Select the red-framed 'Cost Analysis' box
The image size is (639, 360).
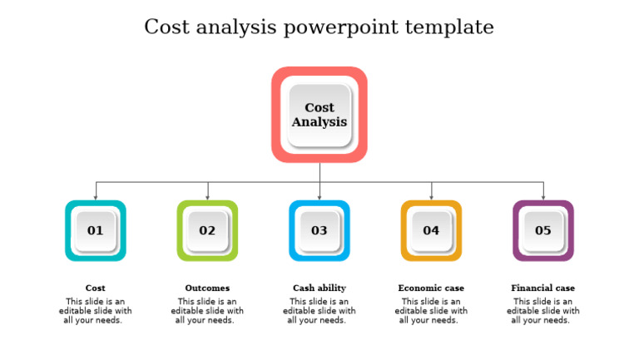coord(319,115)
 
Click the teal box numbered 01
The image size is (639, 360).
coord(96,230)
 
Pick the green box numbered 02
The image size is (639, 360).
coord(207,230)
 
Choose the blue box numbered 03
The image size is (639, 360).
coord(319,230)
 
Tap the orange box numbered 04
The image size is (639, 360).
coord(431,230)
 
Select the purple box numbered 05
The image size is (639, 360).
coord(543,230)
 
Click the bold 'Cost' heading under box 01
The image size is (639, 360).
coord(96,288)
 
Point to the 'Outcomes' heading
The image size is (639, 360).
coord(207,288)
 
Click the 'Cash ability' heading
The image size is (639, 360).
coord(319,288)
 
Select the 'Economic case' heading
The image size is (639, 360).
coord(431,288)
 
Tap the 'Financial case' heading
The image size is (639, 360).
coord(543,288)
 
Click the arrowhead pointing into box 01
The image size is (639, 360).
coord(96,197)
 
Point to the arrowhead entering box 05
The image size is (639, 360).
coord(543,197)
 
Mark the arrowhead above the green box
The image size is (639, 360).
coord(207,197)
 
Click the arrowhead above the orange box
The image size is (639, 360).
coord(431,197)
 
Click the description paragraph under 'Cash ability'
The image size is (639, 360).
coord(319,311)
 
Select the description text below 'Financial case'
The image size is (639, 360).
coord(543,311)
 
